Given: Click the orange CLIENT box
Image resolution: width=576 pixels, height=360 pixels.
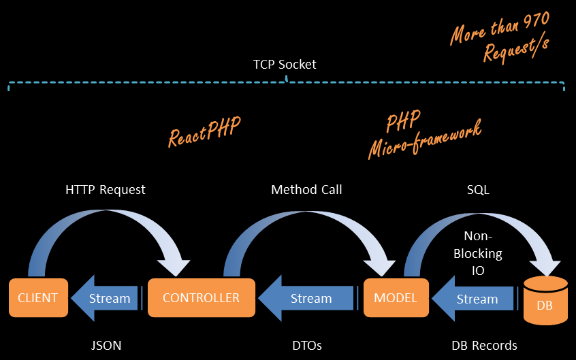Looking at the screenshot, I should pyautogui.click(x=38, y=297).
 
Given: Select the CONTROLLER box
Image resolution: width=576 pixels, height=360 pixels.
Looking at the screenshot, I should pyautogui.click(x=201, y=297).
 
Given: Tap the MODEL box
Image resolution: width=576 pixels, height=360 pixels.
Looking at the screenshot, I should pyautogui.click(x=395, y=297).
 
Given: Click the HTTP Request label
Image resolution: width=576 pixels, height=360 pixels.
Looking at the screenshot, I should pyautogui.click(x=106, y=190).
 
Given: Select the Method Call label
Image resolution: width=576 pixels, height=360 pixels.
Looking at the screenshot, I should pyautogui.click(x=306, y=190).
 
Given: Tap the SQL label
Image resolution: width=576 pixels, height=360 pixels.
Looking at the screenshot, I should pyautogui.click(x=478, y=190).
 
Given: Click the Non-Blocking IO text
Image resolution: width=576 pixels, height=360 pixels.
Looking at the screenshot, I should pyautogui.click(x=483, y=254).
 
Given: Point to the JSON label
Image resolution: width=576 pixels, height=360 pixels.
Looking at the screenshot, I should pyautogui.click(x=106, y=346).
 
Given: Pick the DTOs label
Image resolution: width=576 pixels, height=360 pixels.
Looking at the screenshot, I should pyautogui.click(x=306, y=346).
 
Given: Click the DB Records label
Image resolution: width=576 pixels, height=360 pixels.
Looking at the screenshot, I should pyautogui.click(x=484, y=346).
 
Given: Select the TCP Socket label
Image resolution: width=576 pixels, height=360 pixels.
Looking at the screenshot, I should pyautogui.click(x=285, y=65).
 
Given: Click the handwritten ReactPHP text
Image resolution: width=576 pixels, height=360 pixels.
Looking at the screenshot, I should pyautogui.click(x=204, y=129).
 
